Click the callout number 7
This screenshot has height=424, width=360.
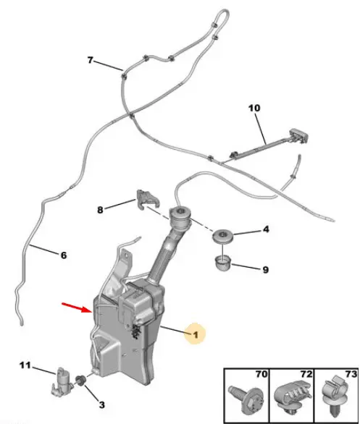point(90,60)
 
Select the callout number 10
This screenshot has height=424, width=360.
point(254,108)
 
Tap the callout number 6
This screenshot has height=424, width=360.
point(63,255)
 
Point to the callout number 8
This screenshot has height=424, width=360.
point(100,210)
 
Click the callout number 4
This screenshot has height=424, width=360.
point(266,229)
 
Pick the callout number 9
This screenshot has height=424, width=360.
point(266,270)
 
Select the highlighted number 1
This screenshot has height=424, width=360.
point(196,335)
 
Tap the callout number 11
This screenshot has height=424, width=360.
point(25,365)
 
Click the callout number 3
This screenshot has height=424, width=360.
point(101,404)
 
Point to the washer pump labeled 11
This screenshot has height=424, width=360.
point(62,382)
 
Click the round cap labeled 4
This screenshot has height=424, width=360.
point(222,236)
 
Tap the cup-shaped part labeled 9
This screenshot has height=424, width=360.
point(223,263)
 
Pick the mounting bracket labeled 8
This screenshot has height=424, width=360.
point(147,200)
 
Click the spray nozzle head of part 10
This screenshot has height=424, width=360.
point(299,135)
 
